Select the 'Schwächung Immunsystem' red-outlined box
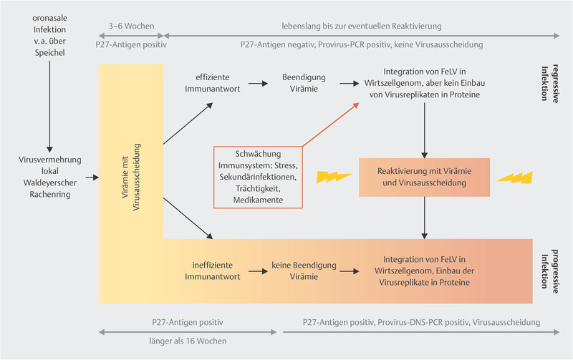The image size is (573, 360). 258,177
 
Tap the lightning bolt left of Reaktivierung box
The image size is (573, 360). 332,177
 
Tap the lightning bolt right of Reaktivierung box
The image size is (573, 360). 515,176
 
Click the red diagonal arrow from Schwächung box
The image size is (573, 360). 330,125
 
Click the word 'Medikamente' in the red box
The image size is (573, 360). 258,201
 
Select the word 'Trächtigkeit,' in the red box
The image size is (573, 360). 258,188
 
